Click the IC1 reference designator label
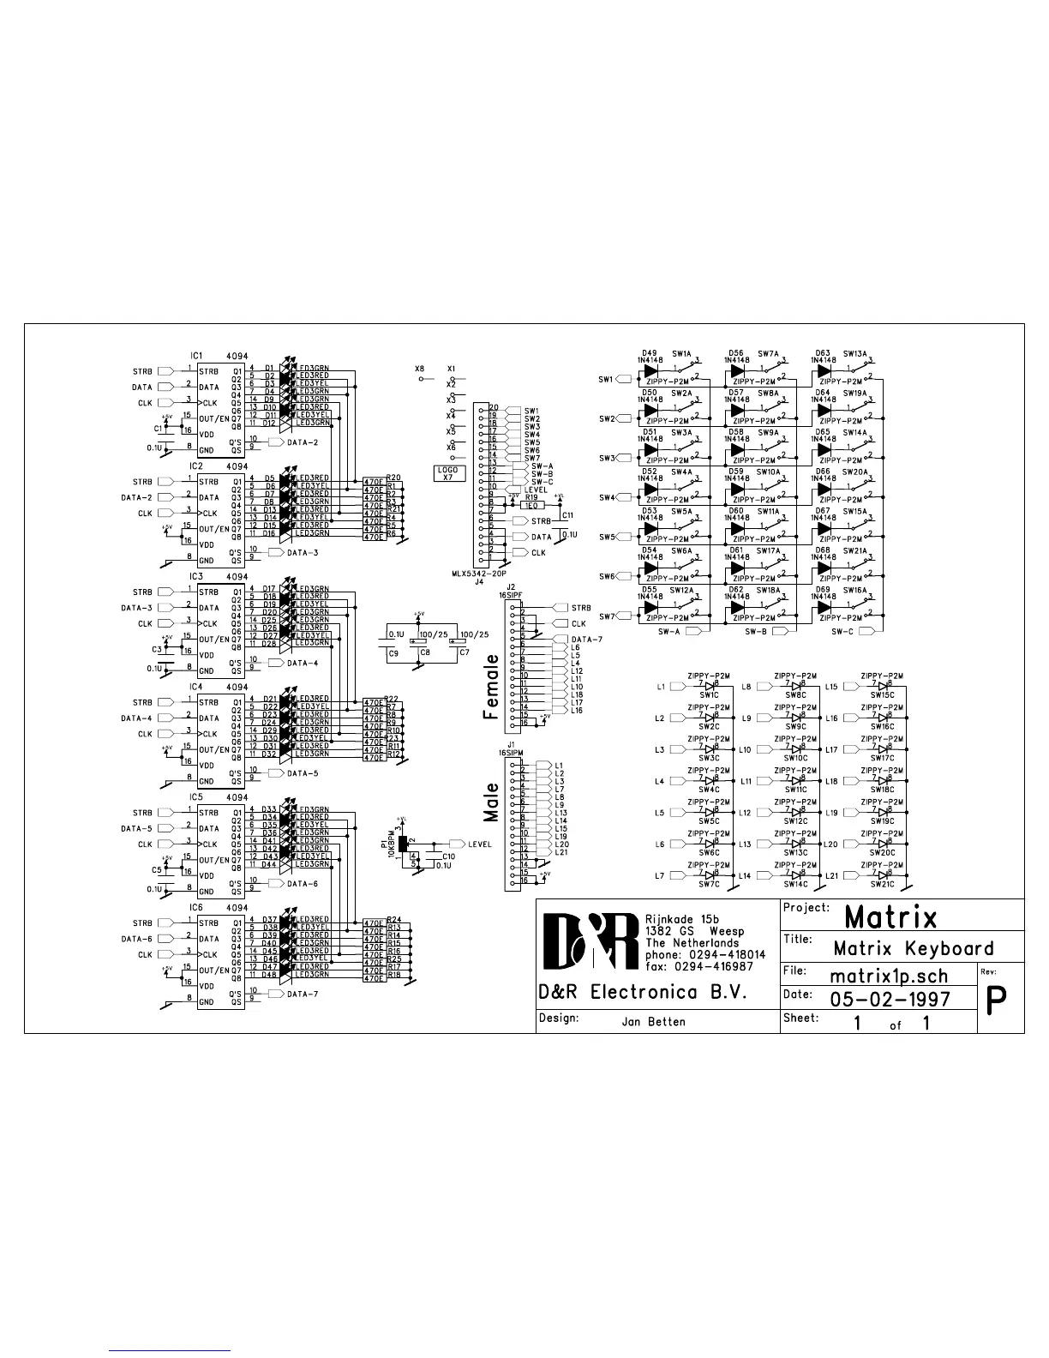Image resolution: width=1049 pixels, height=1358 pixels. pos(196,356)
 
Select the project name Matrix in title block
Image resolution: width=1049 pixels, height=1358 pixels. pos(890,917)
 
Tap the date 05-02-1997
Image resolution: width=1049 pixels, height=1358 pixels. pos(890,999)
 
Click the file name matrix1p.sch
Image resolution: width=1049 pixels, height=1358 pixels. pos(889,976)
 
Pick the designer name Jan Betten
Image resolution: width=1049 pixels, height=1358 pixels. pos(653,1022)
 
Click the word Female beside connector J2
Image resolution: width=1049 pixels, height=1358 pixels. pos(491,687)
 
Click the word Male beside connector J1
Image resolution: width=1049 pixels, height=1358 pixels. pos(491,802)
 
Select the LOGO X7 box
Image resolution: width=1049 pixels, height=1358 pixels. pos(447,473)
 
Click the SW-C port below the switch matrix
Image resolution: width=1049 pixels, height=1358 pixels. pos(866,631)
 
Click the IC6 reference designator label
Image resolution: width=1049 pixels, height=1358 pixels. pos(196,907)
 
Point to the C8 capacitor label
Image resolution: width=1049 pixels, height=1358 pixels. pos(425,653)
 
